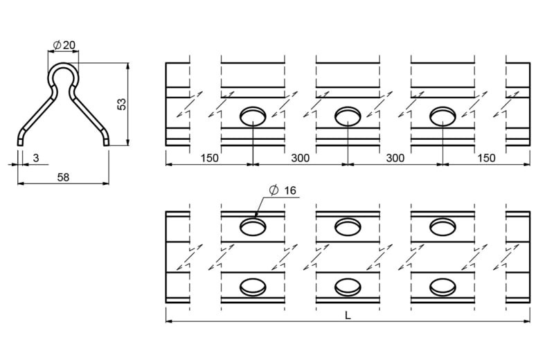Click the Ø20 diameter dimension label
pos(64,45)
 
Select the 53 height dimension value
pos(122,105)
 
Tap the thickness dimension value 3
pos(36,159)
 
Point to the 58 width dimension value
pos(63,177)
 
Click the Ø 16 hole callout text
pos(283,190)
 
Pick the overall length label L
pos(348,316)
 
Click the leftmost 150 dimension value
pos(210,158)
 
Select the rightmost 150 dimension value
pos(486,158)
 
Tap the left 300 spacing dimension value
pos(301,158)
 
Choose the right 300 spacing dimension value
pos(395,158)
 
